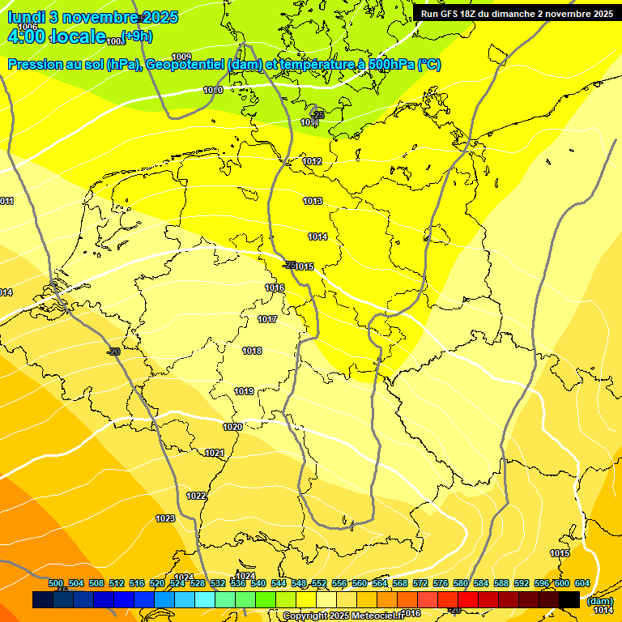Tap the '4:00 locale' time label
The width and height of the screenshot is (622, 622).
click(57, 36)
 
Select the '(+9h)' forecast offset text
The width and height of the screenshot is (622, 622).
click(136, 36)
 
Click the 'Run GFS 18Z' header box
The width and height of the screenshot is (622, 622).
click(516, 13)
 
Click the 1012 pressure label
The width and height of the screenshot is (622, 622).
click(313, 161)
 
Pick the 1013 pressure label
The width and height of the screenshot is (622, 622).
click(313, 201)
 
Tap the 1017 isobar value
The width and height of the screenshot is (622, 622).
click(268, 319)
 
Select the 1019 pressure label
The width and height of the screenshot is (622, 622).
click(244, 391)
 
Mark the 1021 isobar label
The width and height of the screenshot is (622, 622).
click(215, 453)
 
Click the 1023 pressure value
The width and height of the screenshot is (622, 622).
click(165, 518)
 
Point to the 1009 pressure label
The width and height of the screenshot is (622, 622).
click(181, 56)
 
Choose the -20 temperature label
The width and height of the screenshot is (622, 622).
click(113, 351)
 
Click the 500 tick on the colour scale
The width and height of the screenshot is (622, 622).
click(56, 583)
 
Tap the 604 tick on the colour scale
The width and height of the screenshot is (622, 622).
click(582, 583)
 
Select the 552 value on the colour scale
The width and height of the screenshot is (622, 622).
click(319, 583)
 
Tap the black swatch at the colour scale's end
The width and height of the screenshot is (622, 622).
click(569, 599)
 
